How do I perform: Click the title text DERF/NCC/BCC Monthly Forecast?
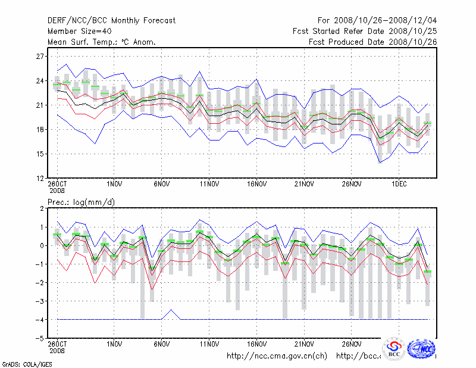(112, 20)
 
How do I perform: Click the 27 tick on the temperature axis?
(40, 56)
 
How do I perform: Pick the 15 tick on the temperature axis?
(40, 154)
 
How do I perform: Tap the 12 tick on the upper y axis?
(40, 178)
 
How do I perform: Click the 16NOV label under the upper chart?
(256, 184)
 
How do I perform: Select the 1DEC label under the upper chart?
(399, 184)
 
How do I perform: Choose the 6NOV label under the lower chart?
(162, 344)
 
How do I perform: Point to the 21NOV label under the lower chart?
(304, 344)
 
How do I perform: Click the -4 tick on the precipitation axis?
(40, 320)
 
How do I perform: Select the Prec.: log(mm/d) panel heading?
(81, 202)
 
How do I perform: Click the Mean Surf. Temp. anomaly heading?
(102, 42)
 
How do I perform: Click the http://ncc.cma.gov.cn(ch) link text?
(277, 356)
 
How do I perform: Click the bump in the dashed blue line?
(171, 310)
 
